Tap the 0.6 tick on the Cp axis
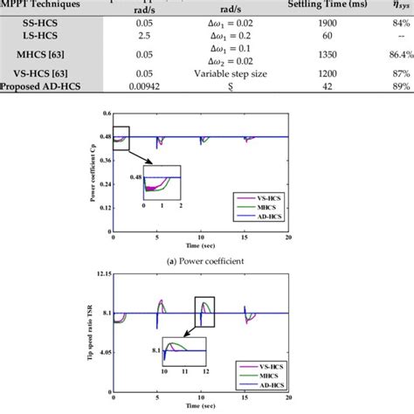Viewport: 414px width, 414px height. point(107,114)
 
